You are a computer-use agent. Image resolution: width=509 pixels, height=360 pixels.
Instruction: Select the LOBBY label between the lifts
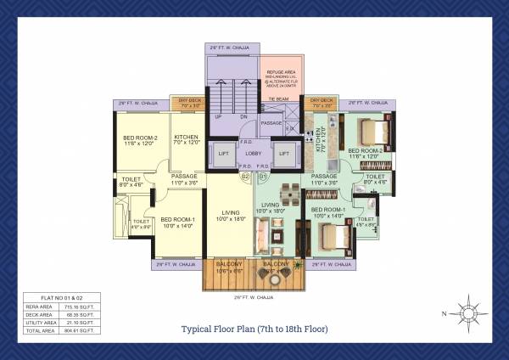click(x=254, y=154)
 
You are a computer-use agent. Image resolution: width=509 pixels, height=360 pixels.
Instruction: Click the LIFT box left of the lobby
click(x=224, y=154)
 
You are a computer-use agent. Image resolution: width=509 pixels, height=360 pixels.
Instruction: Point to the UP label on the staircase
click(x=218, y=116)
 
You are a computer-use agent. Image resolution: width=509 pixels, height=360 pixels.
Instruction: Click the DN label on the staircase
click(x=243, y=116)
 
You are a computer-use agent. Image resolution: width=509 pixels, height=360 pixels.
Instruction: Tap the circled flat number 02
click(x=245, y=177)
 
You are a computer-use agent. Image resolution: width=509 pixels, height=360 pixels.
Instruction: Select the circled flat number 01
click(x=263, y=177)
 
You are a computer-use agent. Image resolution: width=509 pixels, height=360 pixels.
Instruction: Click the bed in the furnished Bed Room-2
click(x=372, y=132)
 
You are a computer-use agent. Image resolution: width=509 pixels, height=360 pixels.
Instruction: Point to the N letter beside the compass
click(x=443, y=314)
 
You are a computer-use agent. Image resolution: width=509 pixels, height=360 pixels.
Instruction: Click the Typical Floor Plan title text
click(x=255, y=329)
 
